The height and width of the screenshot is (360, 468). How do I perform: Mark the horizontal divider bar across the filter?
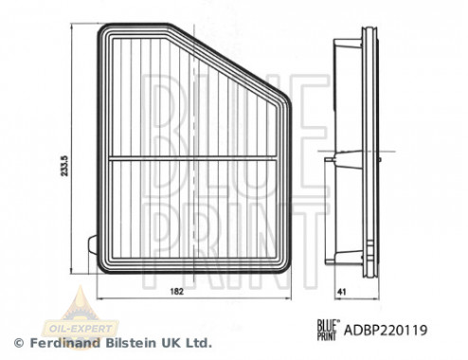tap(189, 155)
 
